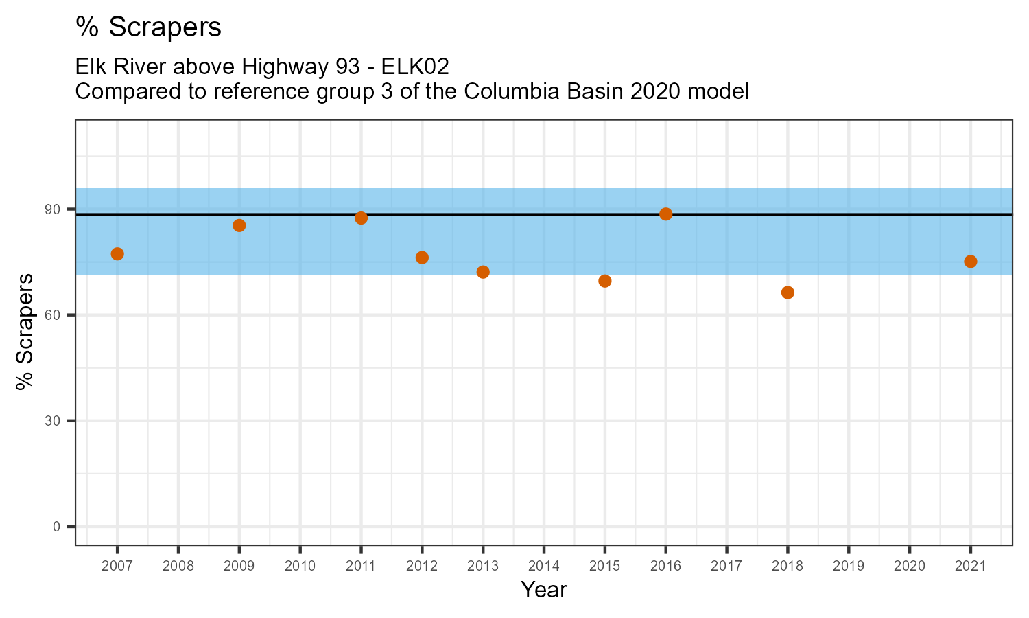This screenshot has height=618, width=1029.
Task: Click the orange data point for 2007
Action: (x=117, y=254)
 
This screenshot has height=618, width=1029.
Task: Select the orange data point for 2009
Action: (x=239, y=225)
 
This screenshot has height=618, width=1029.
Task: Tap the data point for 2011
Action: (x=361, y=218)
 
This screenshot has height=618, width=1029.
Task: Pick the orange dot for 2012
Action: (x=422, y=257)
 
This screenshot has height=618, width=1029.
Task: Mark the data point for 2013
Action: (x=483, y=272)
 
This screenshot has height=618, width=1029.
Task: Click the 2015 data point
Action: (x=605, y=281)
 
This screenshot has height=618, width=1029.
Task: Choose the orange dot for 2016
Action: (x=665, y=214)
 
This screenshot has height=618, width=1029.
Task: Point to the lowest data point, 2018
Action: (x=788, y=293)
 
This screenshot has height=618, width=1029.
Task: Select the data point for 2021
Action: (x=971, y=262)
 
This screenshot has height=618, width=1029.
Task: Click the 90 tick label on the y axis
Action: (x=54, y=209)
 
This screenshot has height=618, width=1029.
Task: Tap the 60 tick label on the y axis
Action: (x=54, y=315)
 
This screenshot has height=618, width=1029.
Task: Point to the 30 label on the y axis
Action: (x=54, y=421)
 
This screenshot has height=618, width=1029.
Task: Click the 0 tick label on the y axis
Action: (x=57, y=527)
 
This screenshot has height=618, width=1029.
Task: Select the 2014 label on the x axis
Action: (x=544, y=566)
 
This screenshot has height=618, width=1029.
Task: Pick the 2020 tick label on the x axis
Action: (x=910, y=566)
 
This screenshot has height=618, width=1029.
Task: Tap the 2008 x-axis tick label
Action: (x=178, y=566)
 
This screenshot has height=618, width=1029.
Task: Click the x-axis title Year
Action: (x=544, y=590)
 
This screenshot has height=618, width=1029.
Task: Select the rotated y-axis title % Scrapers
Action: (x=25, y=332)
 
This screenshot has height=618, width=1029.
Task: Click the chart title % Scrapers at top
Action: (x=149, y=27)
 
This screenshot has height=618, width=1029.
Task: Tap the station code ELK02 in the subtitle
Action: (x=416, y=67)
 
